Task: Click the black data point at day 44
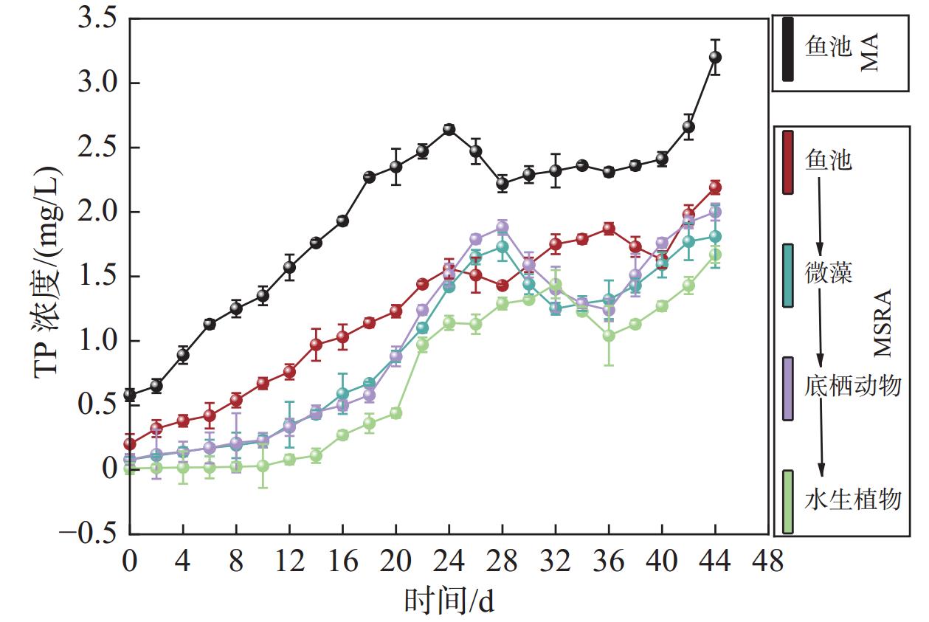pyautogui.click(x=714, y=57)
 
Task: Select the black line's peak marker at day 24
pyautogui.click(x=449, y=129)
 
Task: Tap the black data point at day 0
pyautogui.click(x=130, y=395)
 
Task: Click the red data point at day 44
pyautogui.click(x=714, y=187)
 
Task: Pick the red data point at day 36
pyautogui.click(x=609, y=229)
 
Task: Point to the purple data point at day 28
pyautogui.click(x=503, y=227)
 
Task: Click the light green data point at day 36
pyautogui.click(x=609, y=336)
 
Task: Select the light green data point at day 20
pyautogui.click(x=396, y=413)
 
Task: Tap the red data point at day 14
pyautogui.click(x=316, y=345)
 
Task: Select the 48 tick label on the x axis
pyautogui.click(x=767, y=563)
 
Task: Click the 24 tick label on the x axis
pyautogui.click(x=449, y=563)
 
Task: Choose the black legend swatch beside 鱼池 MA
pyautogui.click(x=788, y=49)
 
